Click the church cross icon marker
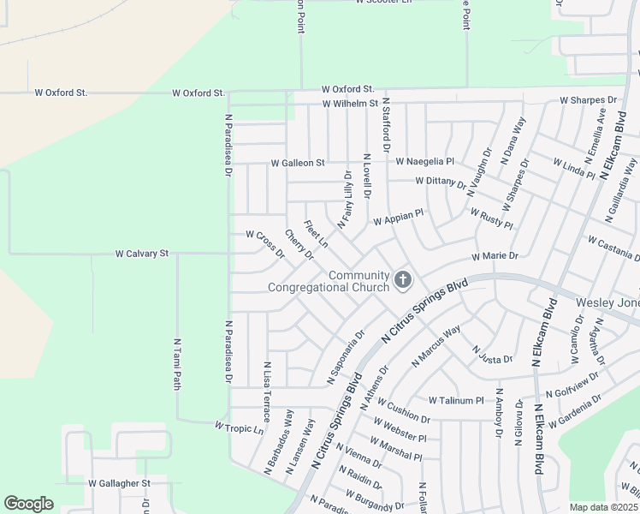pos(402,280)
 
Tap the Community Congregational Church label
pos(329,281)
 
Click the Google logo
pos(28,503)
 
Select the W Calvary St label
pos(143,254)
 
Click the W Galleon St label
pos(298,163)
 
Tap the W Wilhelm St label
pos(350,104)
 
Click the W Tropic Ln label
pos(239,427)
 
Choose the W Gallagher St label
pos(119,483)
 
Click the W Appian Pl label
pos(398,218)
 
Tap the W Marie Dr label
pos(495,256)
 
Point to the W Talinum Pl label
pos(456,400)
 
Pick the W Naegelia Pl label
pos(424,161)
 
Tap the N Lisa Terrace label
pos(267,391)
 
